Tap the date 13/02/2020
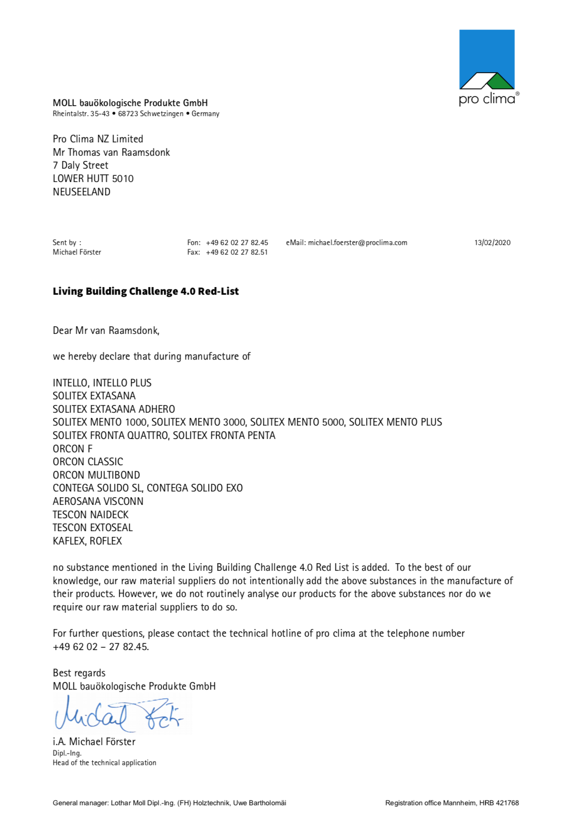[x=492, y=243]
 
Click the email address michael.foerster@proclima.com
[x=357, y=243]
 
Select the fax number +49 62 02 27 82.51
[x=237, y=252]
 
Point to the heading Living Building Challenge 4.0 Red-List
[x=146, y=291]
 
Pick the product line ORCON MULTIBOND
[x=96, y=475]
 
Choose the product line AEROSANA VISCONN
[x=98, y=501]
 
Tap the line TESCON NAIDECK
[x=91, y=515]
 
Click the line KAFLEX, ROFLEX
[x=87, y=541]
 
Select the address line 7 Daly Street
[x=81, y=165]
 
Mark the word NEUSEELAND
[x=82, y=192]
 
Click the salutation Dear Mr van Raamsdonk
[x=106, y=330]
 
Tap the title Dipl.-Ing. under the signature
[x=67, y=753]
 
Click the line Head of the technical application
[x=105, y=763]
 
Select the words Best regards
[x=79, y=673]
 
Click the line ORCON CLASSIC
[x=88, y=462]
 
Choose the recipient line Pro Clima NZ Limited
[x=98, y=139]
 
